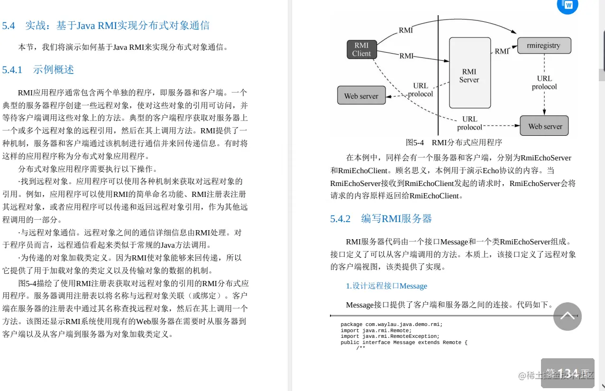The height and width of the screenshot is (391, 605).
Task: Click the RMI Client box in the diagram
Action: pos(361,49)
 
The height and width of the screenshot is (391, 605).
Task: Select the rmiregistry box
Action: pos(543,46)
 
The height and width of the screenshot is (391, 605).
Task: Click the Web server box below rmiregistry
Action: pos(545,126)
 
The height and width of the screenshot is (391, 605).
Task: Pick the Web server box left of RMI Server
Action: pos(361,96)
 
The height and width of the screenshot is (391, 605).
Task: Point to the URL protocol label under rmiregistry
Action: pos(544,83)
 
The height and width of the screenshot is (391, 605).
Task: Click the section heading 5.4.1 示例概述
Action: pos(38,70)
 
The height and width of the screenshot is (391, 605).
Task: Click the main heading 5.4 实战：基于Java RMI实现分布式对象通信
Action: pos(106,26)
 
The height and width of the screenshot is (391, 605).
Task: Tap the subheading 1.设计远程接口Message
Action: pos(386,286)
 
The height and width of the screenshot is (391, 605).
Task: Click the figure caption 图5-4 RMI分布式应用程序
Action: pos(453,142)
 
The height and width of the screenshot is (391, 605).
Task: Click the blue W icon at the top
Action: pos(568,5)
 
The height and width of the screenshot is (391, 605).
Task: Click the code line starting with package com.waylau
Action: pos(391,325)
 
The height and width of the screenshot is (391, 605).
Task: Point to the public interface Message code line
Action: pos(404,342)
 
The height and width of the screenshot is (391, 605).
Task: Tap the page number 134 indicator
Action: pos(568,373)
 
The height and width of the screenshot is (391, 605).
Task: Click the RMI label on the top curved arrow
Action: pos(406,30)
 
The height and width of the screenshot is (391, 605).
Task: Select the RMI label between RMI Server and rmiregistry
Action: pos(502,51)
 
